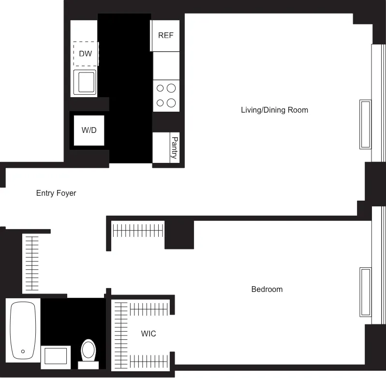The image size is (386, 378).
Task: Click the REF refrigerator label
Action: pyautogui.click(x=165, y=36)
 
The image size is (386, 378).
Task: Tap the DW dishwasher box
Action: pyautogui.click(x=86, y=54)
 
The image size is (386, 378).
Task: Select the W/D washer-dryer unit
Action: pyautogui.click(x=89, y=130)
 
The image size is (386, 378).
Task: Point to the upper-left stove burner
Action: pyautogui.click(x=160, y=88)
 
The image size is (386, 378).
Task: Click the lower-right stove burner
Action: pyautogui.click(x=171, y=102)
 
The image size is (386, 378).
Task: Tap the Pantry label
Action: pyautogui.click(x=175, y=147)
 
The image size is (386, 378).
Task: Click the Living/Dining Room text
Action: pyautogui.click(x=274, y=110)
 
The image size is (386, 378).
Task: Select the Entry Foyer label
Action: pyautogui.click(x=56, y=193)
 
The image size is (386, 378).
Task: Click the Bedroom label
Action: pyautogui.click(x=267, y=290)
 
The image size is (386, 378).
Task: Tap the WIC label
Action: pyautogui.click(x=148, y=334)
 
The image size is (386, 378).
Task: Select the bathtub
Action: pyautogui.click(x=23, y=330)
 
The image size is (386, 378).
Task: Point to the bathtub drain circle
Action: pyautogui.click(x=22, y=351)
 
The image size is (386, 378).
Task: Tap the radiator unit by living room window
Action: pyautogui.click(x=365, y=124)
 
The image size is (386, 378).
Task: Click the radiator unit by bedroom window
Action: pyautogui.click(x=365, y=292)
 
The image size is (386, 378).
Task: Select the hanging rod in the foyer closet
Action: pyautogui.click(x=32, y=263)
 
